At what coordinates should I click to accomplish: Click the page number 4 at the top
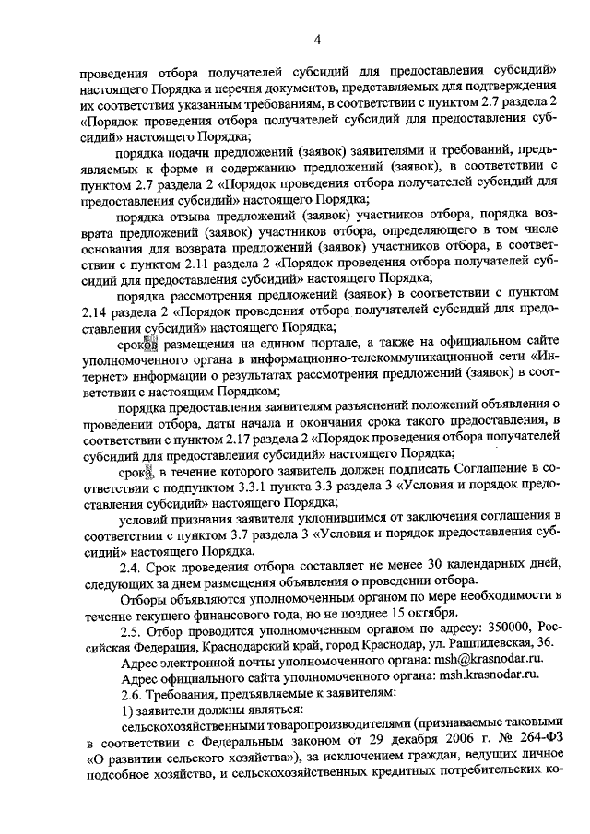pos(316,39)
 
